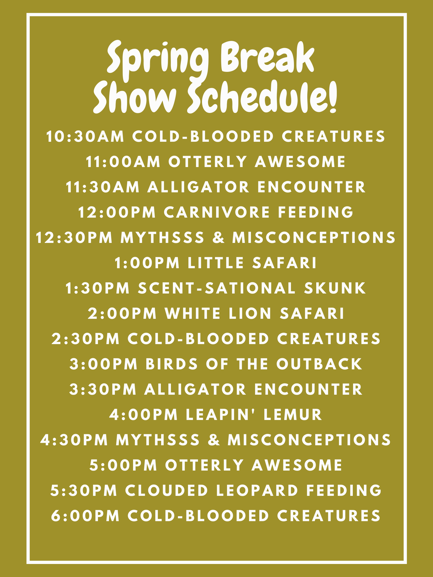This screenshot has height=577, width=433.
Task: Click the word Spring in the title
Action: (158, 61)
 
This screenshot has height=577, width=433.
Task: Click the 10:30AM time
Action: (85, 136)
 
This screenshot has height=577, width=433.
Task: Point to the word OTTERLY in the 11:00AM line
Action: (208, 162)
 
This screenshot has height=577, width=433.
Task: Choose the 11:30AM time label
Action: (102, 187)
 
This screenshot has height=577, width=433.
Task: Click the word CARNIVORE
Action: (217, 212)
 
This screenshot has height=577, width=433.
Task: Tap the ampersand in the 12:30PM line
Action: (219, 238)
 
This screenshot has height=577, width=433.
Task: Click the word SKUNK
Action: (335, 288)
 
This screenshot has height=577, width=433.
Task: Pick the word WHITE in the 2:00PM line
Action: (193, 313)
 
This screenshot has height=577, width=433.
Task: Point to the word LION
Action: (250, 313)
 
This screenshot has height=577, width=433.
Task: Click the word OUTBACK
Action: (319, 364)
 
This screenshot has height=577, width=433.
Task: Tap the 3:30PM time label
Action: (103, 389)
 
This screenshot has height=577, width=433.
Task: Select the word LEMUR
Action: (293, 414)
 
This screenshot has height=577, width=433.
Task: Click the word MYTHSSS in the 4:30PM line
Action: (158, 440)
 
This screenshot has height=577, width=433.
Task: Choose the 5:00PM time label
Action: (123, 465)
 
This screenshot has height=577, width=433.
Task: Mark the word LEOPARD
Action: (257, 490)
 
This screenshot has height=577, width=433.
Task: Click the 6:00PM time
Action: (85, 516)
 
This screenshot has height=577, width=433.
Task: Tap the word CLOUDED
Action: (167, 490)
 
